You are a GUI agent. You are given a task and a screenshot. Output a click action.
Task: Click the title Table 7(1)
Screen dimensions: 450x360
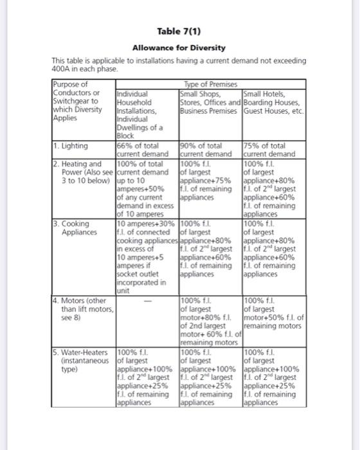coord(179,32)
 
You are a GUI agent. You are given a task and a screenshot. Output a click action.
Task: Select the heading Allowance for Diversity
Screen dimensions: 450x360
coord(179,48)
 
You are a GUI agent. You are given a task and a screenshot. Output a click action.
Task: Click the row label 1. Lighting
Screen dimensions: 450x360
coord(72,147)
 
